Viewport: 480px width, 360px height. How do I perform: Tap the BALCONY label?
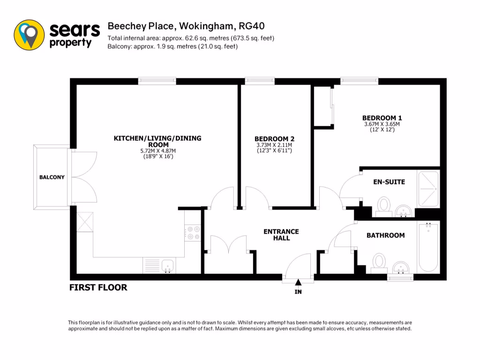pos(52,177)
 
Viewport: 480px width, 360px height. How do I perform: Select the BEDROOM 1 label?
pos(382,118)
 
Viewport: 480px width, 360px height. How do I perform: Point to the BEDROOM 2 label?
pos(274,139)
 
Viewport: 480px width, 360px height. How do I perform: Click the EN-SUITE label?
pos(389,182)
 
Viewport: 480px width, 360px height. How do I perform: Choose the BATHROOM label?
pos(385,235)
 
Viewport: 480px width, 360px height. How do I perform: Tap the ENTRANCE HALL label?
pos(281,235)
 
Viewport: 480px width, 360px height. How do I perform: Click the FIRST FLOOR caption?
pos(98,287)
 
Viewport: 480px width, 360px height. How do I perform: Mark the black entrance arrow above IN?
pos(298,282)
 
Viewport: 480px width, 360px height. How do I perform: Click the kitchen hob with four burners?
pos(193,233)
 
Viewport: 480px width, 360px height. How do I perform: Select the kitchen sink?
pos(168,266)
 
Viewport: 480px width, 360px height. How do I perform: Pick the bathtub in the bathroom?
pos(428,247)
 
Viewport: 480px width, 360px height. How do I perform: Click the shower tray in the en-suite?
pos(428,189)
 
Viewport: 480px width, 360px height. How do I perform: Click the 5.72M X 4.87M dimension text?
pos(157,151)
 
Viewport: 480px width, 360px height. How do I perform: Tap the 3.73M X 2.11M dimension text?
pos(274,145)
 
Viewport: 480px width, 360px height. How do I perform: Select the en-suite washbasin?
pos(403,211)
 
